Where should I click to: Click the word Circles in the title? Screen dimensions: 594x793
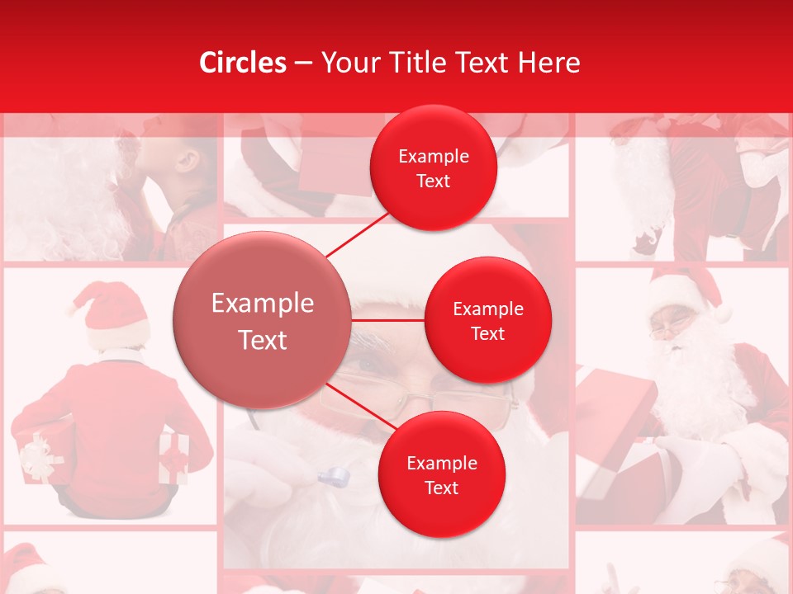(243, 63)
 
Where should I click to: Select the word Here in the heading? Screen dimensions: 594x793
(549, 63)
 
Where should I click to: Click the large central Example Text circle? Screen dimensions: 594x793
(262, 320)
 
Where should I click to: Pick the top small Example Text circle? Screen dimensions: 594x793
(433, 167)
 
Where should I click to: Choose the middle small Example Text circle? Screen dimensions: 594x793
(487, 320)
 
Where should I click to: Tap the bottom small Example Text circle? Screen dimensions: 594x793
(441, 474)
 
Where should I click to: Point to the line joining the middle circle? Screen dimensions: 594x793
(388, 320)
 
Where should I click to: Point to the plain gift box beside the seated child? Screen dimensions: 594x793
(173, 456)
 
